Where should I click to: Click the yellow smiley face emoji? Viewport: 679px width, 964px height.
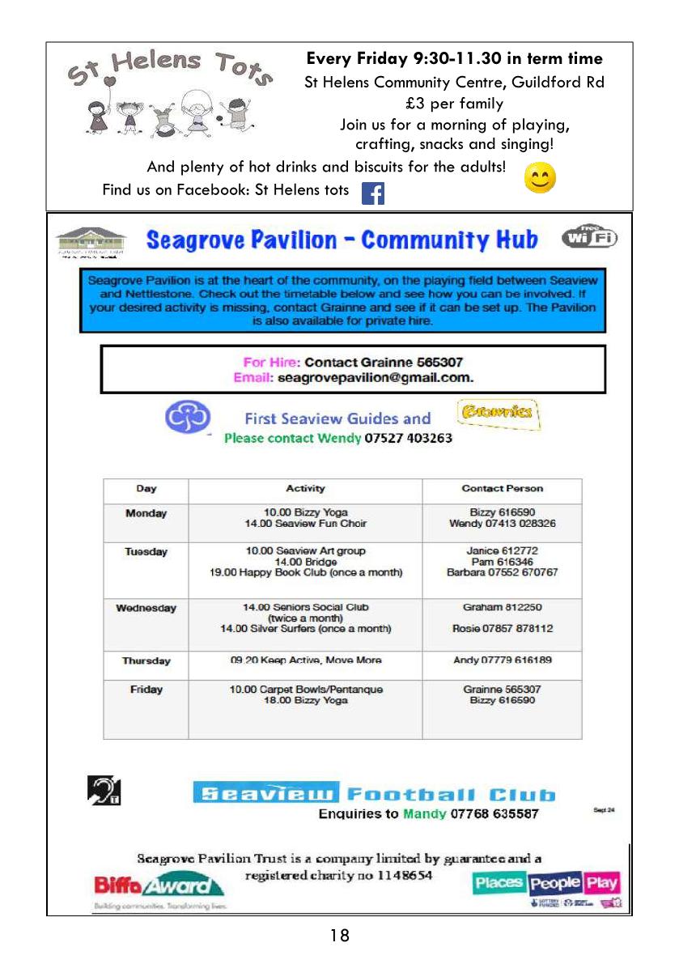(x=540, y=179)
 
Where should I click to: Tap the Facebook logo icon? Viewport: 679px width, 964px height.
(x=372, y=193)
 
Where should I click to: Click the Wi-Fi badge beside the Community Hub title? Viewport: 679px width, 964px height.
(x=590, y=237)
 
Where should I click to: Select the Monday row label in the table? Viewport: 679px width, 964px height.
(x=146, y=513)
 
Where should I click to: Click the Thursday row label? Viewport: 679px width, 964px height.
(x=146, y=660)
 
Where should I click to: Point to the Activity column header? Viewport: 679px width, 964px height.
(x=305, y=488)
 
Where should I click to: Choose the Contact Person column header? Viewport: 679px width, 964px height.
(x=502, y=488)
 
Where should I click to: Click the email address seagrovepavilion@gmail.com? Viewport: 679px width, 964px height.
(x=376, y=377)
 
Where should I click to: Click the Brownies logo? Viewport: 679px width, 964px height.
(x=497, y=414)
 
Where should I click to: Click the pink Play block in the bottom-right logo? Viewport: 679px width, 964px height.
(x=601, y=882)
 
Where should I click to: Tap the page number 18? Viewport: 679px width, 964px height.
(x=340, y=936)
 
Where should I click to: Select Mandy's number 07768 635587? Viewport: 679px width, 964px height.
(x=494, y=813)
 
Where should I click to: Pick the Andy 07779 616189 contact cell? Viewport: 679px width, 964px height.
(x=502, y=660)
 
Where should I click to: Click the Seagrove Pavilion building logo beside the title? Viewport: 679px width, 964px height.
(x=91, y=241)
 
